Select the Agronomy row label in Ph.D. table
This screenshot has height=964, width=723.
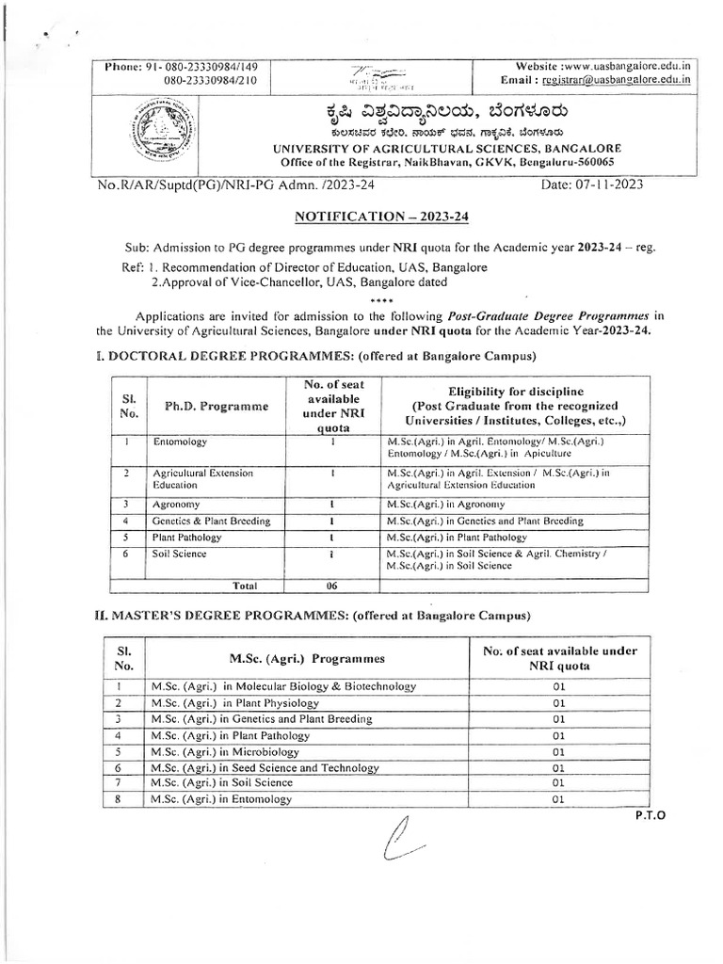point(175,505)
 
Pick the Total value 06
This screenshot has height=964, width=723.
point(332,585)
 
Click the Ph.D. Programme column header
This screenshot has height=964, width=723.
point(209,406)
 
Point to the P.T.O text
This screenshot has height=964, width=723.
point(650,816)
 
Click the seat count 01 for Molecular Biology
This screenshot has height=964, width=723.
point(558,686)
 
